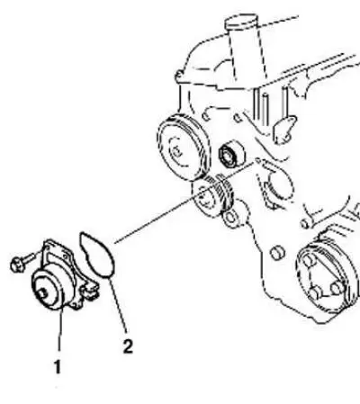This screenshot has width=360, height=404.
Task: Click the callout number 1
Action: coord(58,366)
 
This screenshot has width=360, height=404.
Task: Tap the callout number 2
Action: coord(128,346)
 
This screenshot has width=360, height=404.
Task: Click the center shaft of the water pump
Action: coord(42,293)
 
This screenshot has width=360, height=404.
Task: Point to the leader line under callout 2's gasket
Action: coord(118,305)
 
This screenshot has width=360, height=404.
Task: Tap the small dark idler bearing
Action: coord(231,154)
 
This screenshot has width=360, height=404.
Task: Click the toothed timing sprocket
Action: coord(213,196)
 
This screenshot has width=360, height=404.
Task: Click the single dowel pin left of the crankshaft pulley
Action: coord(277,253)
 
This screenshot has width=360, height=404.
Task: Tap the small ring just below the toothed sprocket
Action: coord(230,218)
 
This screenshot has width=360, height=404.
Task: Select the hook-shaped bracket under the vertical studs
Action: coord(283,129)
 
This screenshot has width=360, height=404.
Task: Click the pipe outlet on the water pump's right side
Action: coord(90,290)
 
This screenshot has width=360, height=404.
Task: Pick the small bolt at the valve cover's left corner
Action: coord(179,76)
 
